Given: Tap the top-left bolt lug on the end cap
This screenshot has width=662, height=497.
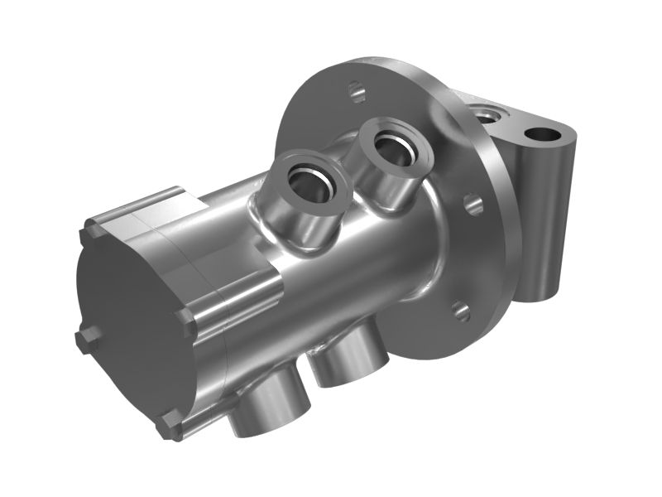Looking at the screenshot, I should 89,234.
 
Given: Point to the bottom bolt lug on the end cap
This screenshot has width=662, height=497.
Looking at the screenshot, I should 170,427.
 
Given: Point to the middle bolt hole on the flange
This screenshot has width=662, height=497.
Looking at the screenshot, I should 473,204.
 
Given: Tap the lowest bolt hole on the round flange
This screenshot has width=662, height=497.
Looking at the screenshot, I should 462,311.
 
